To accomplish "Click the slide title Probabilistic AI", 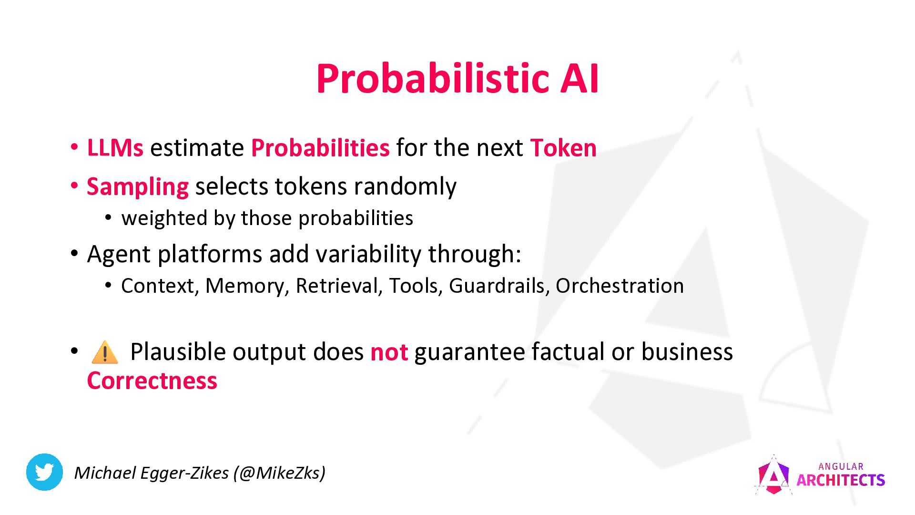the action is [457, 78].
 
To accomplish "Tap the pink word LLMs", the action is [115, 148].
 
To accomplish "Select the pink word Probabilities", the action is [320, 148].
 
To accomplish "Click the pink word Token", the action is [563, 148].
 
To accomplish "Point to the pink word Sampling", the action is [138, 187].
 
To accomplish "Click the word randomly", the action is [405, 186].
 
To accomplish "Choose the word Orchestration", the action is [620, 286].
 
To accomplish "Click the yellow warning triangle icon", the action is [104, 352].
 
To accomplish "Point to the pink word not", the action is [389, 352].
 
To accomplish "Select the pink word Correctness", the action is [152, 381].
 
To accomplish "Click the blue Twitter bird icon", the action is [44, 472].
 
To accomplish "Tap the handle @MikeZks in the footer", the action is [279, 473].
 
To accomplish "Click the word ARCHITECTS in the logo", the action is [841, 480].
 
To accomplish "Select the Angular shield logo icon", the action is [773, 475].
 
